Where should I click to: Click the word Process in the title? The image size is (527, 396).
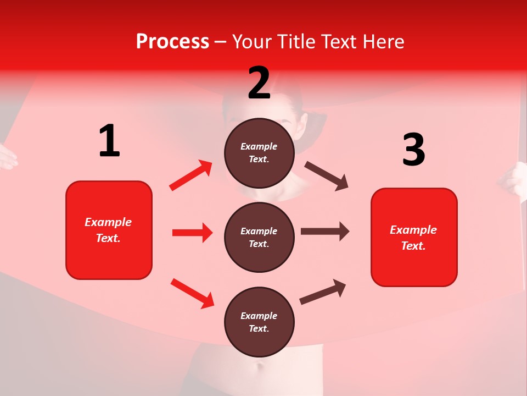172,42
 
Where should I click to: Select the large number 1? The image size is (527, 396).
109,141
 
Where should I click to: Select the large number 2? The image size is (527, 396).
259,83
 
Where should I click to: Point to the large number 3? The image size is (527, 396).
413,150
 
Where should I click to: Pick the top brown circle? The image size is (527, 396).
259,153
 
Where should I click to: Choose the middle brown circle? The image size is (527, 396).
259,237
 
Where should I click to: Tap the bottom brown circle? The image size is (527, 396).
259,322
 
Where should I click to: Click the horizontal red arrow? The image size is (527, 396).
192,233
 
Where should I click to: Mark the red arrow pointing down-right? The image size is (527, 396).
193,293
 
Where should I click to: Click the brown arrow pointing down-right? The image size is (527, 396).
327,176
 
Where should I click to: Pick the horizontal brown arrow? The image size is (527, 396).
324,232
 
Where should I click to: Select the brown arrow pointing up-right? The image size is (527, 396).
323,291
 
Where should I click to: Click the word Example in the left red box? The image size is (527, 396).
108,222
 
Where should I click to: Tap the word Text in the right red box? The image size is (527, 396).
412,246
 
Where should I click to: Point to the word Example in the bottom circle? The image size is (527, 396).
259,316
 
